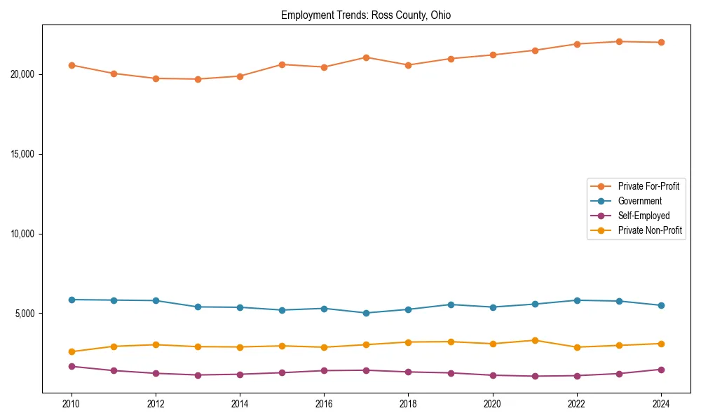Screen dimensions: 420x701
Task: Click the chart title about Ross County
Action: (x=370, y=15)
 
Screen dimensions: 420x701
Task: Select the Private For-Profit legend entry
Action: (x=648, y=186)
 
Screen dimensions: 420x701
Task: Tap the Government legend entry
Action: (x=639, y=201)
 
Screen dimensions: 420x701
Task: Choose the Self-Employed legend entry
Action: (x=644, y=216)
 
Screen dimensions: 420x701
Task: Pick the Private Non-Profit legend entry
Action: (x=650, y=230)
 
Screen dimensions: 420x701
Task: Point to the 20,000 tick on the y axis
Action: (x=25, y=74)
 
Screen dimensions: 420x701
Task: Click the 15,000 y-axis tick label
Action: (x=25, y=154)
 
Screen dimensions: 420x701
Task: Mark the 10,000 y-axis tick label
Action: (x=25, y=234)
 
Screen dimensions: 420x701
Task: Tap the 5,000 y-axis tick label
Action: (x=27, y=313)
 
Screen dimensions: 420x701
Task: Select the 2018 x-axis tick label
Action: (x=408, y=404)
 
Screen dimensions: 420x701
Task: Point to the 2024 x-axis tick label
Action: (x=661, y=404)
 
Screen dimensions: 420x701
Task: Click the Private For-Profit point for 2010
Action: (x=72, y=65)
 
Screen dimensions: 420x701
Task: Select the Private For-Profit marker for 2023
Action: (x=619, y=41)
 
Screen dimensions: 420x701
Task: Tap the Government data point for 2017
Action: (x=366, y=313)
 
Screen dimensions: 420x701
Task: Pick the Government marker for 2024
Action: (x=661, y=305)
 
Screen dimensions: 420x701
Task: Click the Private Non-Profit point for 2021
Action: (x=535, y=340)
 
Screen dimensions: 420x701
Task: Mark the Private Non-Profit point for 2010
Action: (x=72, y=351)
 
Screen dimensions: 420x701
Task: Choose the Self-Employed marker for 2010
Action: (x=72, y=366)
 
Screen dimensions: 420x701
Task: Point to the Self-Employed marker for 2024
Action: (x=661, y=369)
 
